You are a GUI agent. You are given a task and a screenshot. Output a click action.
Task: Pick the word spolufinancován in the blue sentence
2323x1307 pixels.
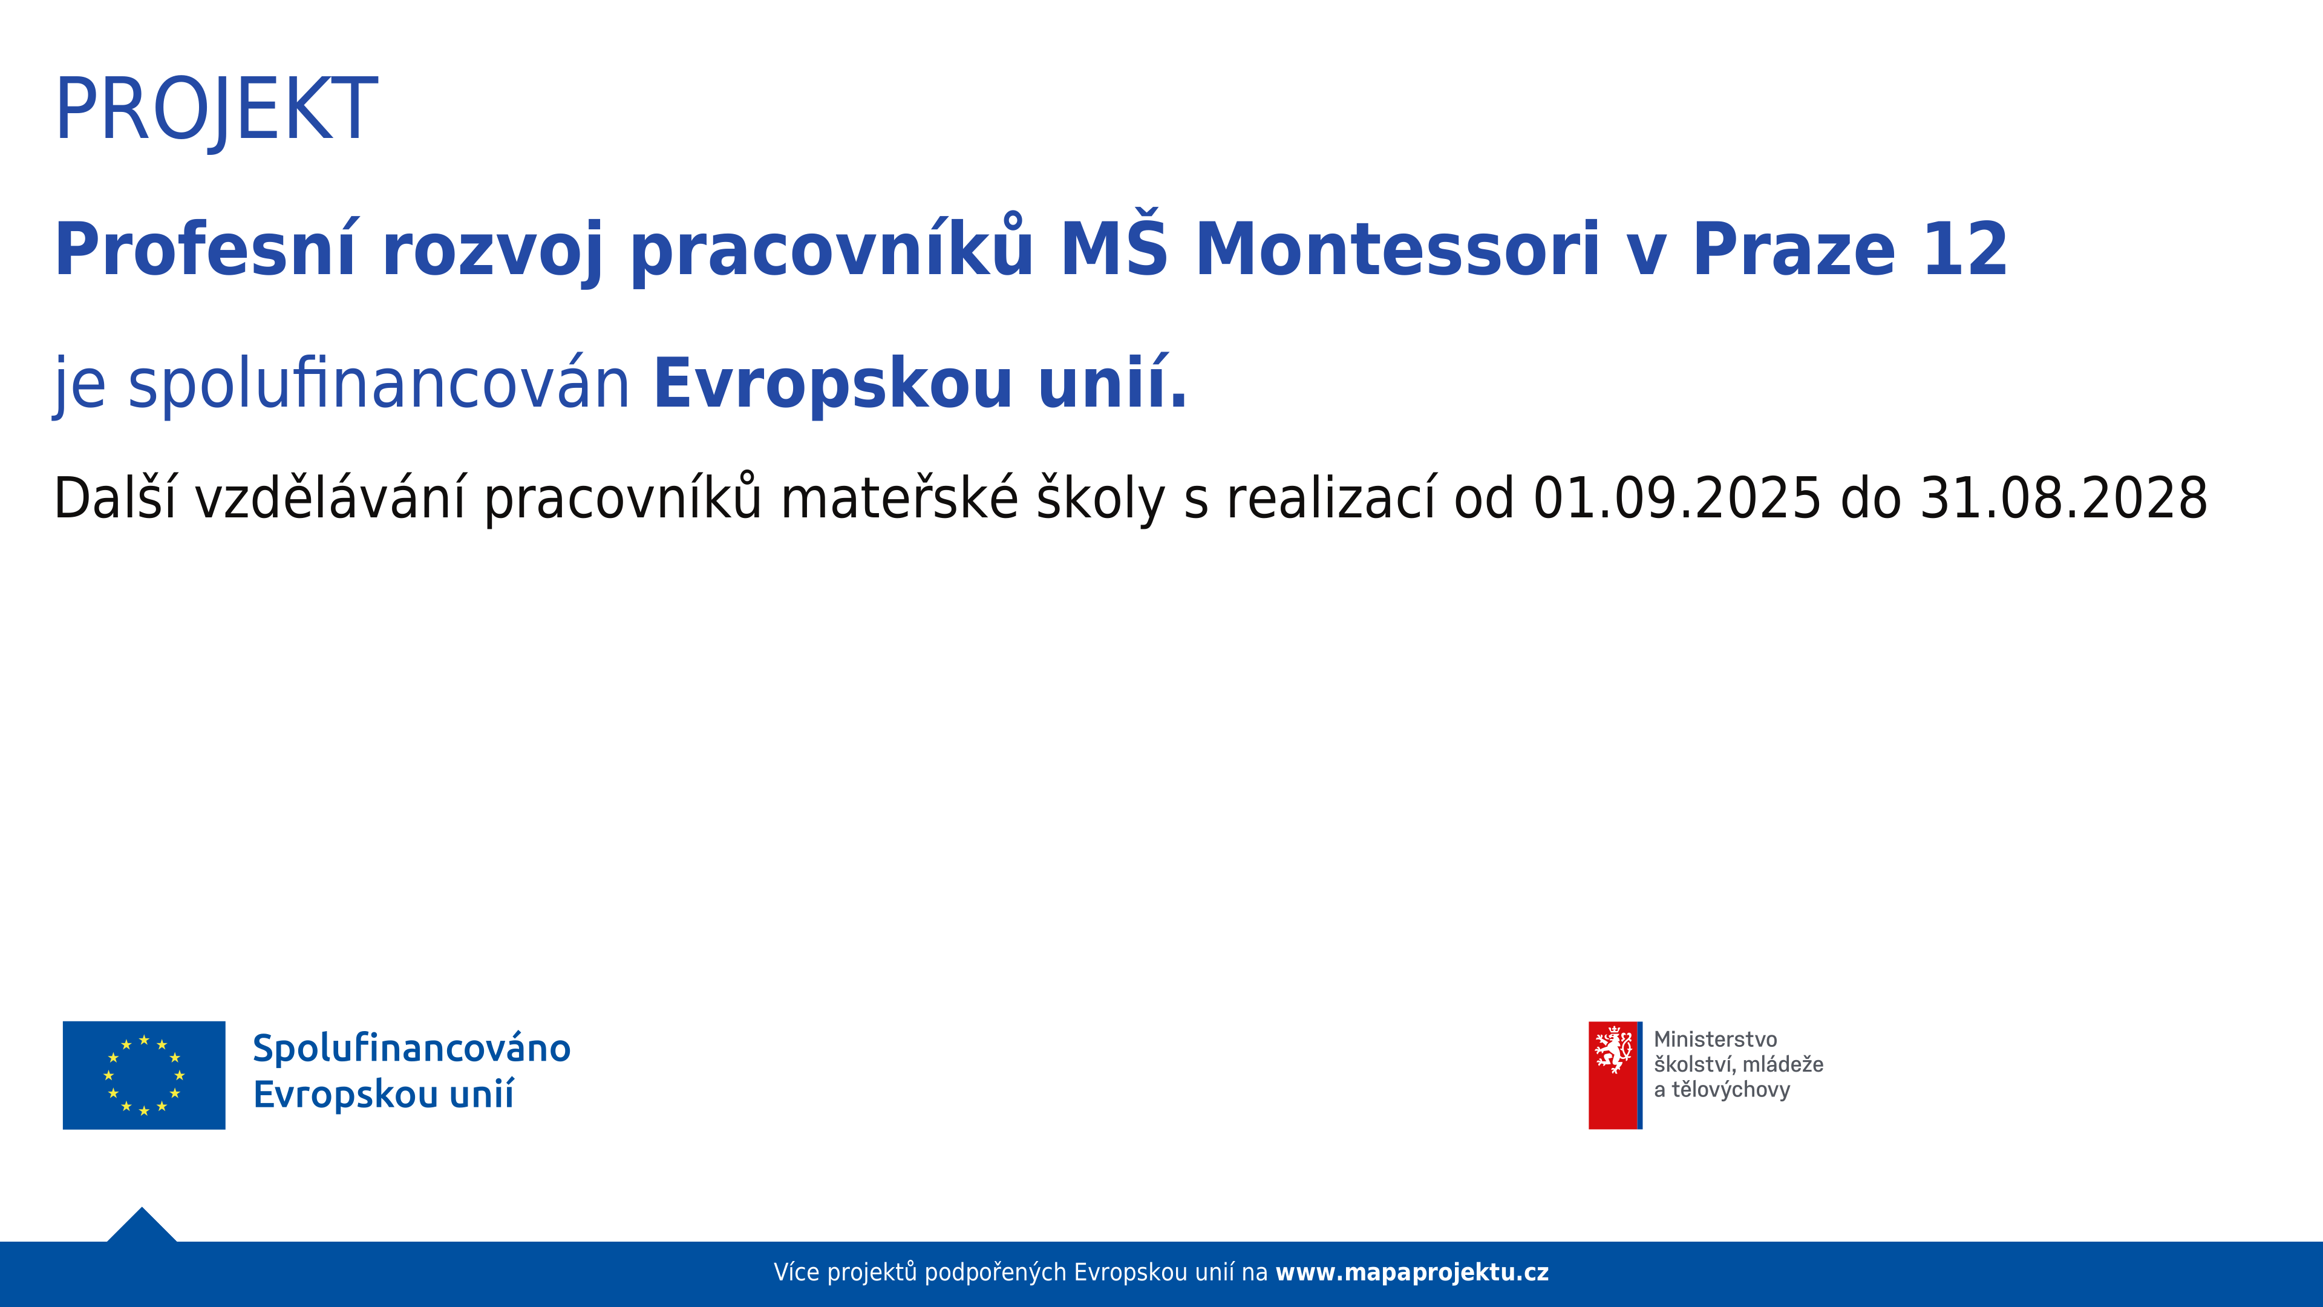pos(379,384)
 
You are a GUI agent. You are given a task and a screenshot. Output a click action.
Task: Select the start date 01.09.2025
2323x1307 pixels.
pos(1678,498)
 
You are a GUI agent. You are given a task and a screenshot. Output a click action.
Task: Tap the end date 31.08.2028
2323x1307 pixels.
pos(2064,498)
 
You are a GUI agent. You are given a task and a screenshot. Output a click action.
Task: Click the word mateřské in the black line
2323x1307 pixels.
pos(899,498)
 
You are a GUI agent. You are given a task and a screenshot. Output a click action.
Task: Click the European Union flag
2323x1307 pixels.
pos(145,1075)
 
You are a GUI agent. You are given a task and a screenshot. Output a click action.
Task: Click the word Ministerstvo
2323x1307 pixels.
pos(1715,1039)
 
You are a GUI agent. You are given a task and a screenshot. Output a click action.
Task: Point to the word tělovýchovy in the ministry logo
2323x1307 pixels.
pos(1731,1090)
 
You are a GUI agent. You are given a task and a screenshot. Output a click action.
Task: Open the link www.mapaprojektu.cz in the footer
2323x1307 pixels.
pos(1412,1273)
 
